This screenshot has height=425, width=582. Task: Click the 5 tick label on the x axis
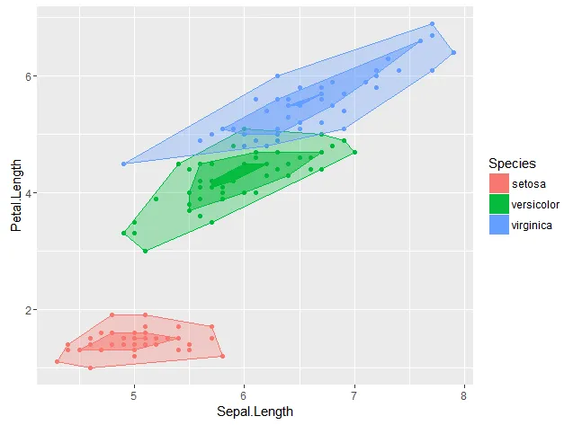134,395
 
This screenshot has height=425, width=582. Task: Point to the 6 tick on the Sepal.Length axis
244,395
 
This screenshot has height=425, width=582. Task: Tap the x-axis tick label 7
354,395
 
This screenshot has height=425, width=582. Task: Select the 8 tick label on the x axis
464,395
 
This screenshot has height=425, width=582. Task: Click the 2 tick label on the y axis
30,310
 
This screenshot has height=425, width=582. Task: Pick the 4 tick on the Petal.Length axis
30,193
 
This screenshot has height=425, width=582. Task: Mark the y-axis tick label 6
30,76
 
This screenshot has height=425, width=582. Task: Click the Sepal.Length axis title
255,412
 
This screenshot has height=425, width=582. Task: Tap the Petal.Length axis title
15,193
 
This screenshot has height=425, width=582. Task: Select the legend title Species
513,164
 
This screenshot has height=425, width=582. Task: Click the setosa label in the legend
528,184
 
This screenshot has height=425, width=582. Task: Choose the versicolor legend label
534,205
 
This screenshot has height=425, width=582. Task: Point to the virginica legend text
532,226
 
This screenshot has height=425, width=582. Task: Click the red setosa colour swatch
497,184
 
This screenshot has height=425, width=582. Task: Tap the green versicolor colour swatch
497,205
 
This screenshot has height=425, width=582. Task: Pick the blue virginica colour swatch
497,226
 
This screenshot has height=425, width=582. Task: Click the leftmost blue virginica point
123,164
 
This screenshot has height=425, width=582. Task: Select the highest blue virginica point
432,24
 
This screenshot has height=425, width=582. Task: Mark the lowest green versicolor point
145,251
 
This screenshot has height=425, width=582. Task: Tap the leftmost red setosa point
57,362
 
